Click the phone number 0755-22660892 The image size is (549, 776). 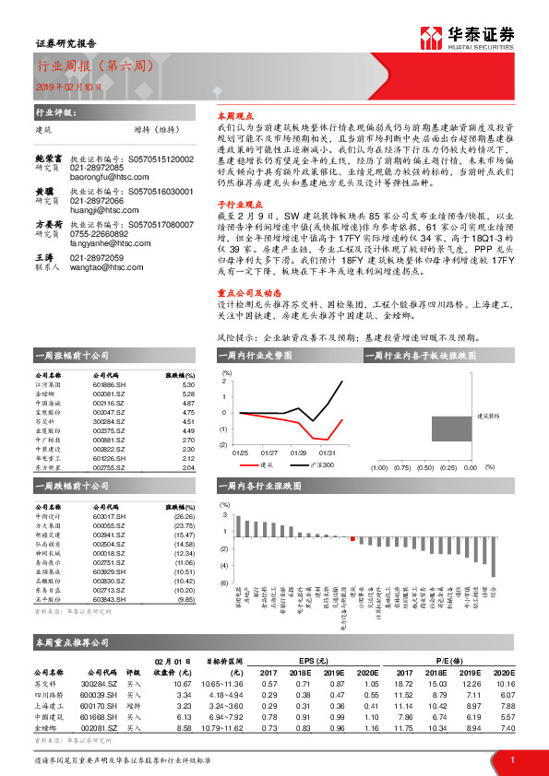pos(101,233)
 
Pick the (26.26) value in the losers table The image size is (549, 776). pos(185,517)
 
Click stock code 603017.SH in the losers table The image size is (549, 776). pos(111,517)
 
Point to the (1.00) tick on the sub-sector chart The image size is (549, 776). pos(379,467)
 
